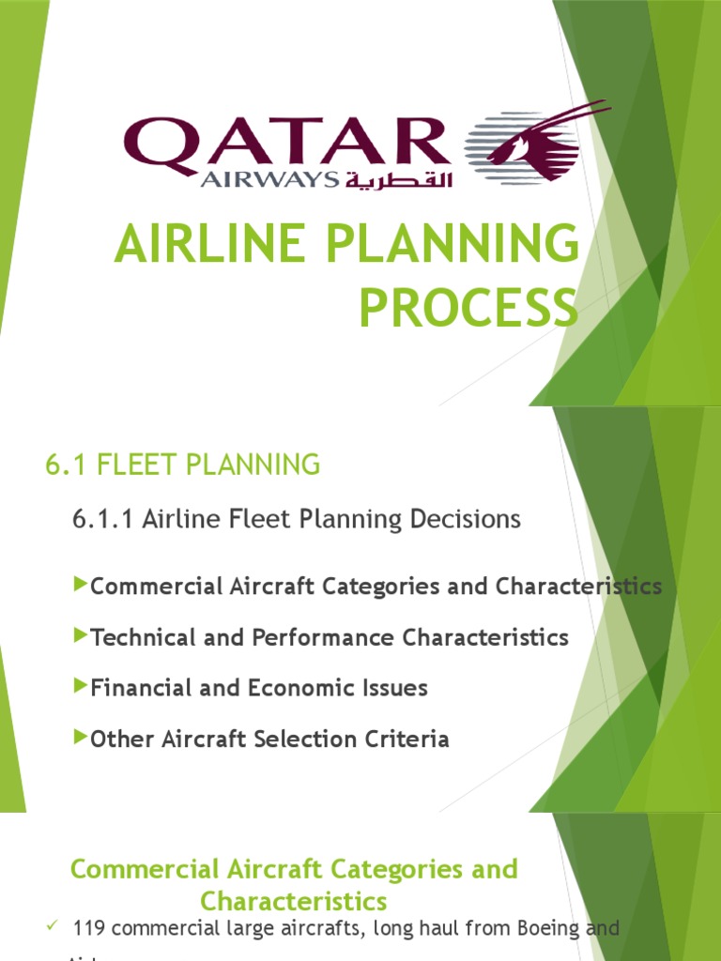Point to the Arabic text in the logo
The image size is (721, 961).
click(x=398, y=178)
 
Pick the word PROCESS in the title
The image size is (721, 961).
click(x=468, y=309)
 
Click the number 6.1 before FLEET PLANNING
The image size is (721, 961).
click(x=62, y=465)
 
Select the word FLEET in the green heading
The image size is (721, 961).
click(x=126, y=465)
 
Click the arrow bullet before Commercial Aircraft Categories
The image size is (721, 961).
click(x=80, y=586)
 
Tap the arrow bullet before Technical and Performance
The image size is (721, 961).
click(x=80, y=636)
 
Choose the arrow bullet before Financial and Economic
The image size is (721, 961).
click(x=80, y=687)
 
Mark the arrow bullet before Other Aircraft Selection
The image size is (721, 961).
click(x=80, y=738)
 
